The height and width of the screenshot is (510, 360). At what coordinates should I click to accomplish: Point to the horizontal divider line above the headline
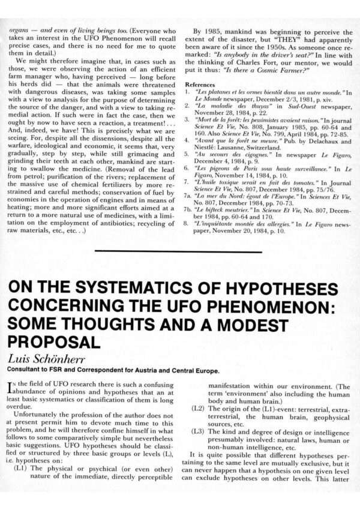(x=179, y=252)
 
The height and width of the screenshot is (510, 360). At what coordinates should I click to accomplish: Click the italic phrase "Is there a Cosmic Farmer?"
(x=259, y=67)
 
